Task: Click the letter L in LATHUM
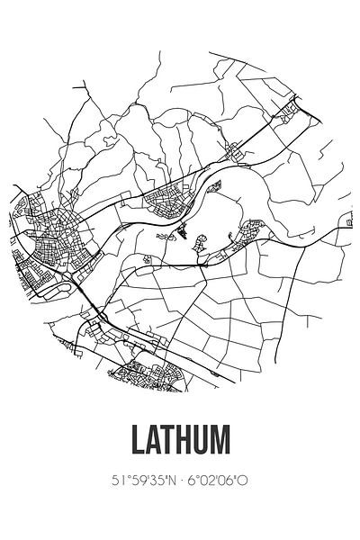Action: (139, 440)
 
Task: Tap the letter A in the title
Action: (157, 440)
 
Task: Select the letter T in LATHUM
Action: (175, 440)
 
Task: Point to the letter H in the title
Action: (192, 440)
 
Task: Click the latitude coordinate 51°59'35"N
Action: (143, 481)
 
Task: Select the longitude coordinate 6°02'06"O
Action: (219, 481)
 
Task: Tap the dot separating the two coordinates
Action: (181, 481)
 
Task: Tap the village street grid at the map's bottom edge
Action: (144, 369)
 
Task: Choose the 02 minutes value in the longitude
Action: (209, 481)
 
